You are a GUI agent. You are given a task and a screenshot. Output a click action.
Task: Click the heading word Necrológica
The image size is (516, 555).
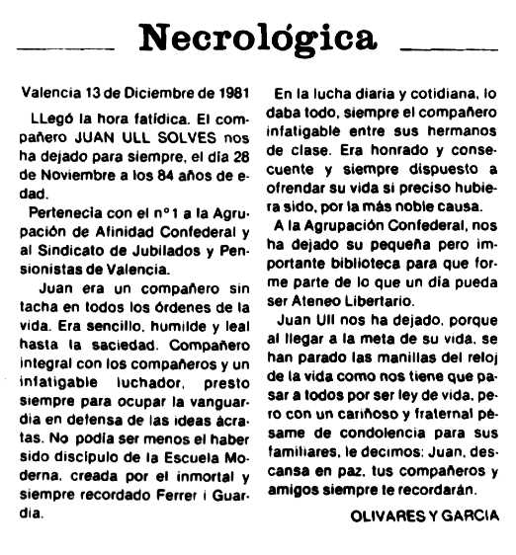tap(259, 39)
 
